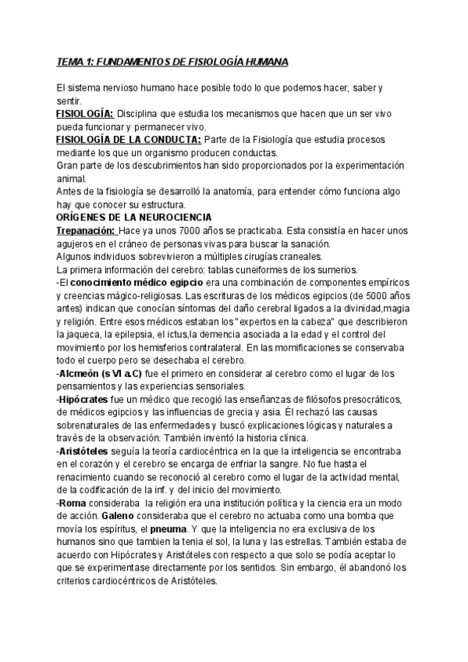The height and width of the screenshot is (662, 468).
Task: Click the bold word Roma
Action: pos(74,504)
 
